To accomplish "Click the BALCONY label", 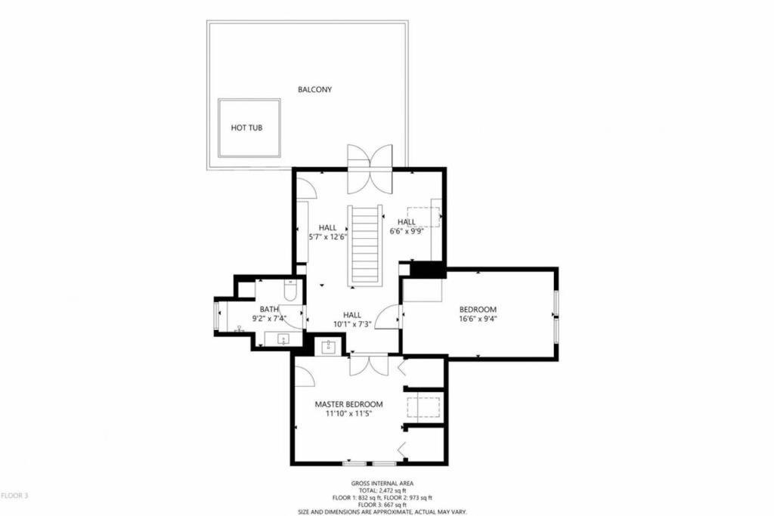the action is coord(315,89).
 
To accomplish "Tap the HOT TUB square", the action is coord(249,128).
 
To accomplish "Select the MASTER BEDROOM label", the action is coord(348,404).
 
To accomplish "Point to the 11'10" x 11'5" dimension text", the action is coord(348,414).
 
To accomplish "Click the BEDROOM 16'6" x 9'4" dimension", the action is coord(478,319).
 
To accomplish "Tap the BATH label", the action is coord(269,309).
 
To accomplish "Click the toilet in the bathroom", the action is coord(289,290).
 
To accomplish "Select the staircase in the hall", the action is coord(365,246).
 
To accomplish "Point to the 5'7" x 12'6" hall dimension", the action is coord(328,236).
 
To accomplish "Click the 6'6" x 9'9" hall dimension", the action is coord(407,230).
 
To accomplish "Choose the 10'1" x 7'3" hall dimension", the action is coord(352,324).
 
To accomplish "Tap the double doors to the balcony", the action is coord(370,169).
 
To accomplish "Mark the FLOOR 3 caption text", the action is coord(14,496).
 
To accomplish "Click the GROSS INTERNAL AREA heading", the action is coord(382,484).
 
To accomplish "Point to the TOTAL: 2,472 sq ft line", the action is coord(382,491).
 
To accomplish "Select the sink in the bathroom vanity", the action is coord(283,339).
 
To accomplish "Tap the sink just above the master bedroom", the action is coord(329,347).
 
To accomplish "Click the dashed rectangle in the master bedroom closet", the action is coord(423,407).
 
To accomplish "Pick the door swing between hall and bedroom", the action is coord(387,317).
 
